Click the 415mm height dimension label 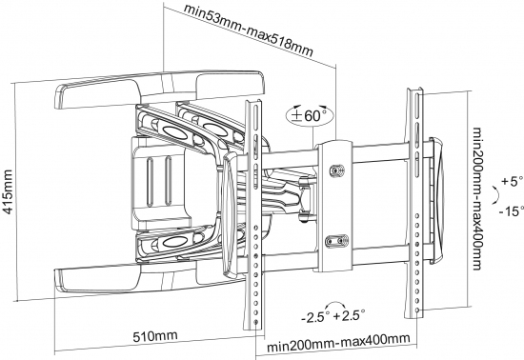[x=7, y=191]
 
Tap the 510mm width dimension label [x=155, y=336]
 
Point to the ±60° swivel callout [x=310, y=115]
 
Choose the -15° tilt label [x=512, y=210]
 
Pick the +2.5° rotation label [x=349, y=315]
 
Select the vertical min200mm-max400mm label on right [x=477, y=199]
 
